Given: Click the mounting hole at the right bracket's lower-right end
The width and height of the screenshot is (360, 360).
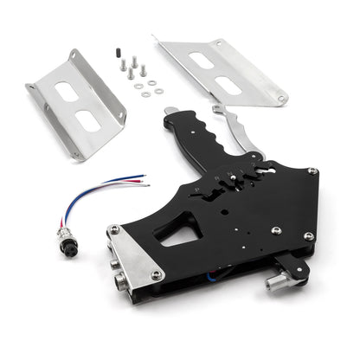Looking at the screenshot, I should tap(281, 99).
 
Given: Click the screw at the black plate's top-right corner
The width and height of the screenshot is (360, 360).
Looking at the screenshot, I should tap(312, 171).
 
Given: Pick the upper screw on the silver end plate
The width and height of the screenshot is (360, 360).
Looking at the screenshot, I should tap(114, 230).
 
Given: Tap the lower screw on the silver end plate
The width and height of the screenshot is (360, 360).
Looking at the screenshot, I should tap(156, 275).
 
